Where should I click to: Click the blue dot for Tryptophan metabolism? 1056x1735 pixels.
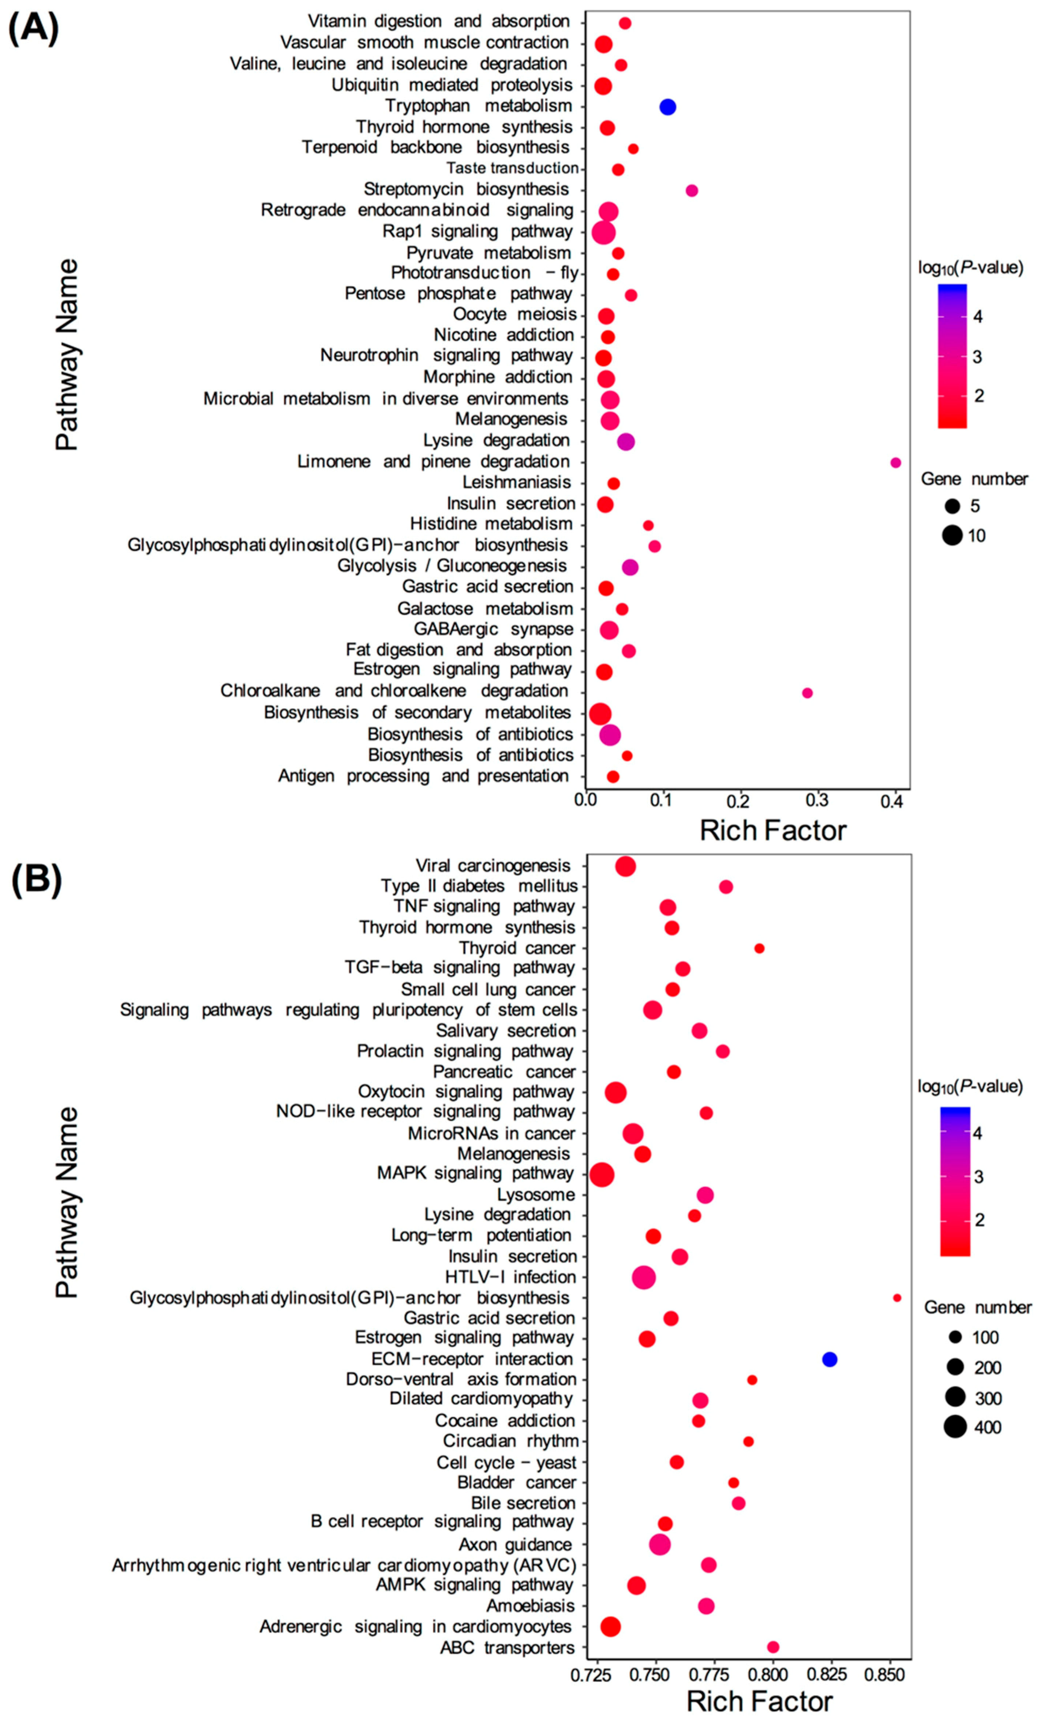667,107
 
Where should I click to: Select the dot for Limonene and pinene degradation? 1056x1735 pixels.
895,463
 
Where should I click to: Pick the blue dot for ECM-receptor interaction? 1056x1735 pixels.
829,1359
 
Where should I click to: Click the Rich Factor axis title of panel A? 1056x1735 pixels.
772,831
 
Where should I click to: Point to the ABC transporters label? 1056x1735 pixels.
507,1648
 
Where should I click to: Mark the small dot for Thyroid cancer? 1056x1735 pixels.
759,949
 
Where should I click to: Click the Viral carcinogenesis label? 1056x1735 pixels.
493,865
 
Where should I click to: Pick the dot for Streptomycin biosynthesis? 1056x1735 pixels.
691,191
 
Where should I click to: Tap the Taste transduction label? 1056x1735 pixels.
512,168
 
